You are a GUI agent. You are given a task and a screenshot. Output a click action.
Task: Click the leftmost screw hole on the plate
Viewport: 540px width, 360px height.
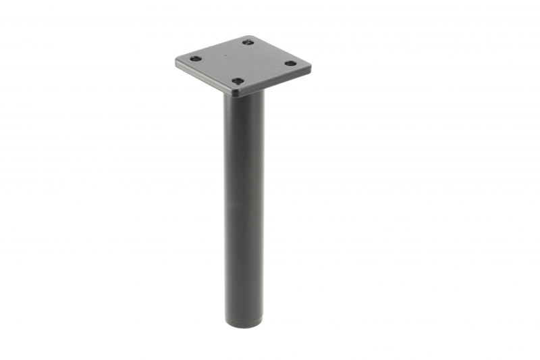195,59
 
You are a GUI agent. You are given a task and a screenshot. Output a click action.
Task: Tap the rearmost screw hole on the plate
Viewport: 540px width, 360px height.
248,42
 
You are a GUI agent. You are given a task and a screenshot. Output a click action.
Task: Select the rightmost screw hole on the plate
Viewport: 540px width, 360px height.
290,63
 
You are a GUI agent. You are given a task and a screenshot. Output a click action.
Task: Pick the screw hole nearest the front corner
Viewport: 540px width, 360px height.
238,81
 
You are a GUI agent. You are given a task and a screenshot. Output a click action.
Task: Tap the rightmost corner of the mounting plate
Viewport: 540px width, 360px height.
310,67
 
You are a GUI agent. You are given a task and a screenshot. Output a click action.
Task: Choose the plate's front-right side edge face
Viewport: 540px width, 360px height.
277,82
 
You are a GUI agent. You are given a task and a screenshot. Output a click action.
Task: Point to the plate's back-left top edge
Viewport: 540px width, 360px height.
211,47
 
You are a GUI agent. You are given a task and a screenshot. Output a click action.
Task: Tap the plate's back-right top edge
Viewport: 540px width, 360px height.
280,51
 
